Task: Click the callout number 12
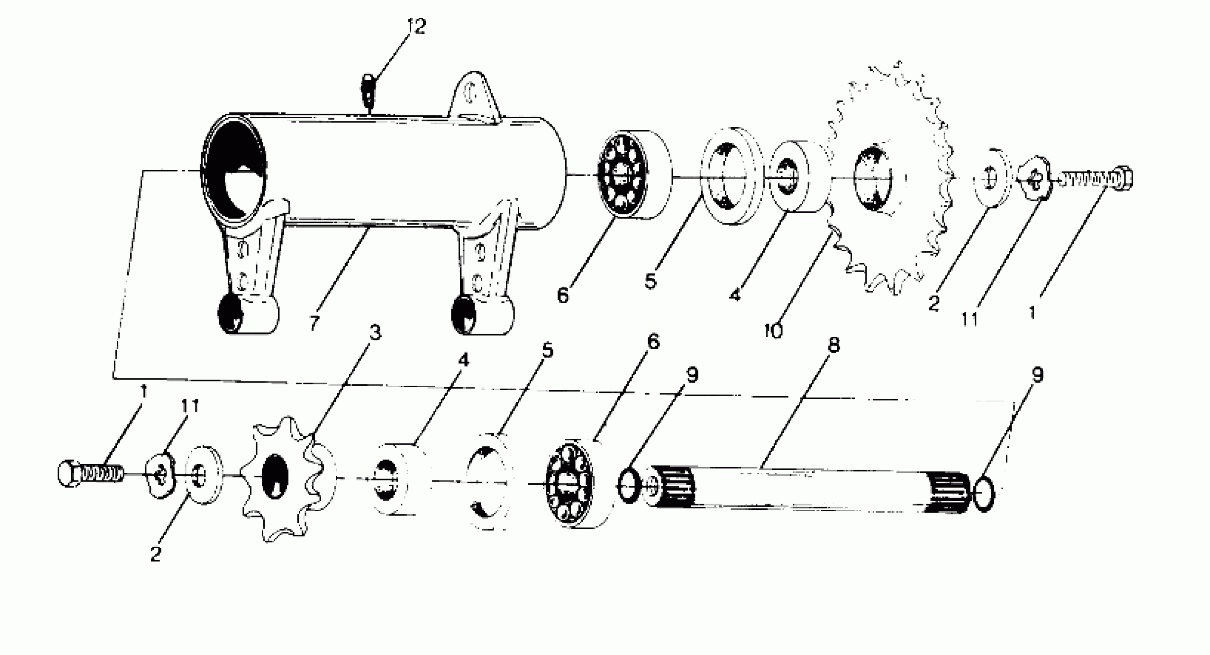pyautogui.click(x=416, y=26)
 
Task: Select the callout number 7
pyautogui.click(x=315, y=322)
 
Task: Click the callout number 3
pyautogui.click(x=374, y=333)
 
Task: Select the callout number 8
pyautogui.click(x=833, y=346)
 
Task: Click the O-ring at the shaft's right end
pyautogui.click(x=984, y=493)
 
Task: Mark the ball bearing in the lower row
pyautogui.click(x=570, y=484)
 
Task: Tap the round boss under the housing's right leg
pyautogui.click(x=481, y=315)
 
